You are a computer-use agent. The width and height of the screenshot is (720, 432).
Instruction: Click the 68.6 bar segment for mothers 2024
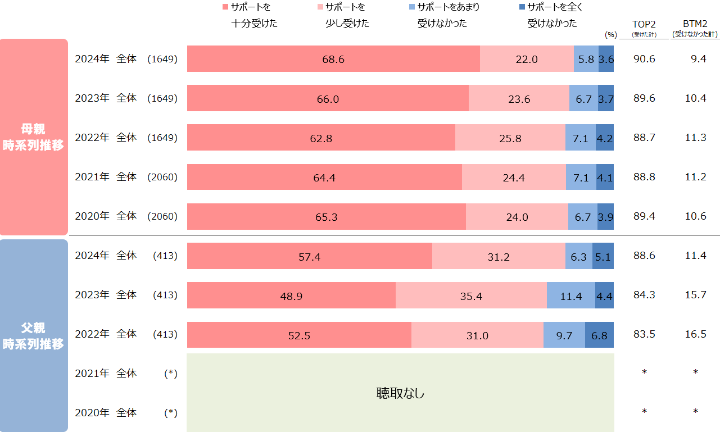click(x=333, y=59)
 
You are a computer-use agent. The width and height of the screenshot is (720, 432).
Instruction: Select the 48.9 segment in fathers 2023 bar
click(x=291, y=295)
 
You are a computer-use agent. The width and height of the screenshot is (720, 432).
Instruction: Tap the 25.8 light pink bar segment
click(x=510, y=138)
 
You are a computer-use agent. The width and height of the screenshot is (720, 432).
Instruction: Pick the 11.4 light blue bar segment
click(x=570, y=295)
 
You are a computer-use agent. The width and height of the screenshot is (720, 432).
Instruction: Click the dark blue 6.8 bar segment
click(x=599, y=335)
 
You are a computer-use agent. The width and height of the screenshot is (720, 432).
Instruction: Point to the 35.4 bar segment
click(x=471, y=295)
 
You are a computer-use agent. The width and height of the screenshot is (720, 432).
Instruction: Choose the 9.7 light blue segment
click(x=564, y=335)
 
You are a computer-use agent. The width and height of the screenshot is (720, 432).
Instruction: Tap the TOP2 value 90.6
click(x=644, y=59)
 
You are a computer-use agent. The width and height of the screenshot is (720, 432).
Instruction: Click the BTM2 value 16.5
click(x=695, y=335)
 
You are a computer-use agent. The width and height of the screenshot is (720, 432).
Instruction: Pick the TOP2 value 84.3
click(x=644, y=295)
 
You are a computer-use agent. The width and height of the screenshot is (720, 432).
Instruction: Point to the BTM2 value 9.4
click(x=698, y=59)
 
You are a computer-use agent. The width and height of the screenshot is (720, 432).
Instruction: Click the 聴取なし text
click(x=400, y=393)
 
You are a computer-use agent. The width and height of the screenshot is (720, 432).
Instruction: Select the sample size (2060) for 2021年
click(x=162, y=177)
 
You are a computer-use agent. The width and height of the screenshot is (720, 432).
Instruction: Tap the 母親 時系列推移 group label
click(x=34, y=137)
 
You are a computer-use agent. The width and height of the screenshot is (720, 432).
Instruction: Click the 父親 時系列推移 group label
click(x=34, y=335)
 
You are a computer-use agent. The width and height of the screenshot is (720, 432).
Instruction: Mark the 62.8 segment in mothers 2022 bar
click(x=321, y=138)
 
